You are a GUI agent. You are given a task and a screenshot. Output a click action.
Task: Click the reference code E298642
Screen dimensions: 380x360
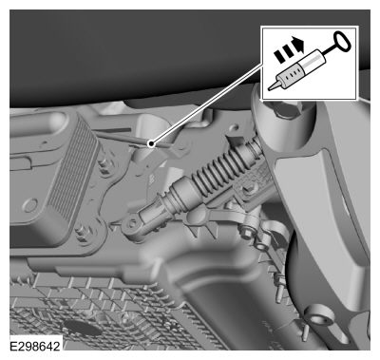click(34, 346)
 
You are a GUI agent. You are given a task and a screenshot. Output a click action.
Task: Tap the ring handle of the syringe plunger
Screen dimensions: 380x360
click(342, 41)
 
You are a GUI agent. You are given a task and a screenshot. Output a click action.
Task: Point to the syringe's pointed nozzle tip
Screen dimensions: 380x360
click(270, 88)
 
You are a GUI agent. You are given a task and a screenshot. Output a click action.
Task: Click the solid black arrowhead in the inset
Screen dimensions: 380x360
click(298, 45)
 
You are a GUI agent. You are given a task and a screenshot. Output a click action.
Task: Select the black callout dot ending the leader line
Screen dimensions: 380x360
click(152, 144)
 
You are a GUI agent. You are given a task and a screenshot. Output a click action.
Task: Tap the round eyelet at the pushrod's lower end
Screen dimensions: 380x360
click(132, 225)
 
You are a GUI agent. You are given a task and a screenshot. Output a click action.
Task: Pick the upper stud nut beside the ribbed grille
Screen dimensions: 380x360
click(104, 165)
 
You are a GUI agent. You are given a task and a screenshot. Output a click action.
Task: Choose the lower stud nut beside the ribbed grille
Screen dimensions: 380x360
click(82, 230)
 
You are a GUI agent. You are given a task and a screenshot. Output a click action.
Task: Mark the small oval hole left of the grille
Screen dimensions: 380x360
click(30, 205)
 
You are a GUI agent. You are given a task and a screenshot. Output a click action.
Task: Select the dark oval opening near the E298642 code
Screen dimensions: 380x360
click(82, 329)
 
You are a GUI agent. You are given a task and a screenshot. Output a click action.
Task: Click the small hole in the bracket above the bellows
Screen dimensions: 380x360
click(234, 128)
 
